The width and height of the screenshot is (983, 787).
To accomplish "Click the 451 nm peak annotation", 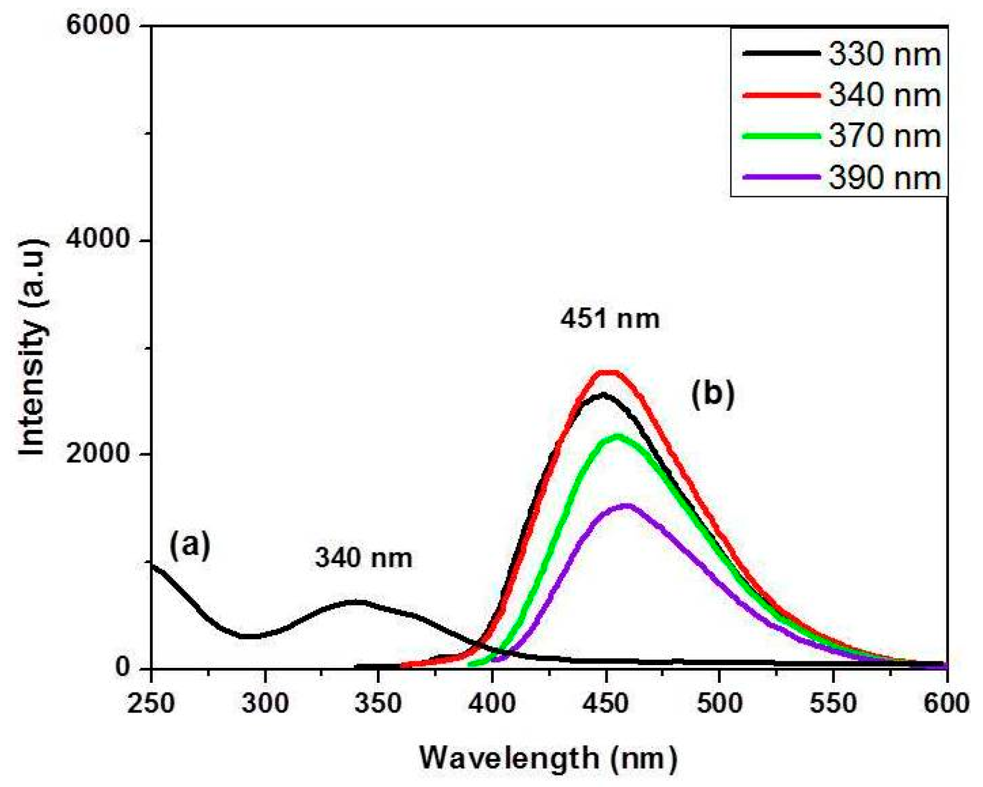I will pos(610,319).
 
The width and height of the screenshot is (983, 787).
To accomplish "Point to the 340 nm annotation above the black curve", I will pos(364,558).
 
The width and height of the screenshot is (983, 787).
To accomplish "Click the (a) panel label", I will pos(190,545).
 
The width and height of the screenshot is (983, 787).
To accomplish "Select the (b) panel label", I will pos(712,394).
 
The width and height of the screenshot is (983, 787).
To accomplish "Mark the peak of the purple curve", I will pos(626,505).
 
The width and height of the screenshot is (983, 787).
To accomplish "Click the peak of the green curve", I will pos(617,436).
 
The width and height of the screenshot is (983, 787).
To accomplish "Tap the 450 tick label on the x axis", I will pos(606,703).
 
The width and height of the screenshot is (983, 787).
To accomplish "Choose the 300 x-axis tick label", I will pos(265,703).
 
